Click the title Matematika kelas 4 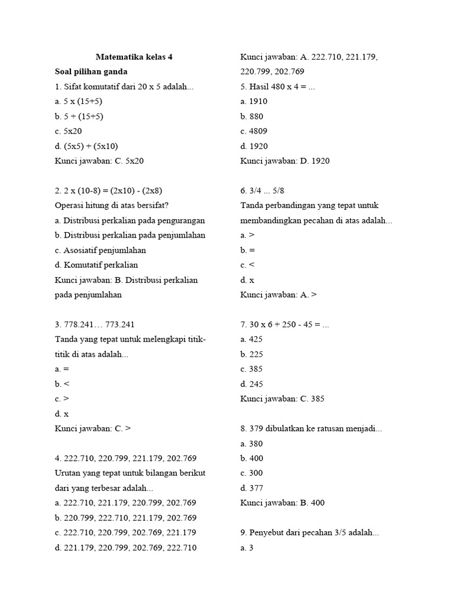pyautogui.click(x=134, y=57)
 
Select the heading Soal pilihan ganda pyautogui.click(x=92, y=72)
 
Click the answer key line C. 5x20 pyautogui.click(x=99, y=161)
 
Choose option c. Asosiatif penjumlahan pyautogui.click(x=100, y=250)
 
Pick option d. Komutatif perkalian pyautogui.click(x=96, y=265)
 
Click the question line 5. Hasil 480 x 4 pyautogui.click(x=278, y=86)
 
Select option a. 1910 pyautogui.click(x=254, y=102)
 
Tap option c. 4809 pyautogui.click(x=254, y=131)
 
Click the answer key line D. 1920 pyautogui.click(x=285, y=161)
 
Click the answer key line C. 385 pyautogui.click(x=282, y=399)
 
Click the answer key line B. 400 pyautogui.click(x=283, y=503)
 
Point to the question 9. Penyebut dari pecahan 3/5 pyautogui.click(x=309, y=532)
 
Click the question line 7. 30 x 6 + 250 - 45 pyautogui.click(x=284, y=324)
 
